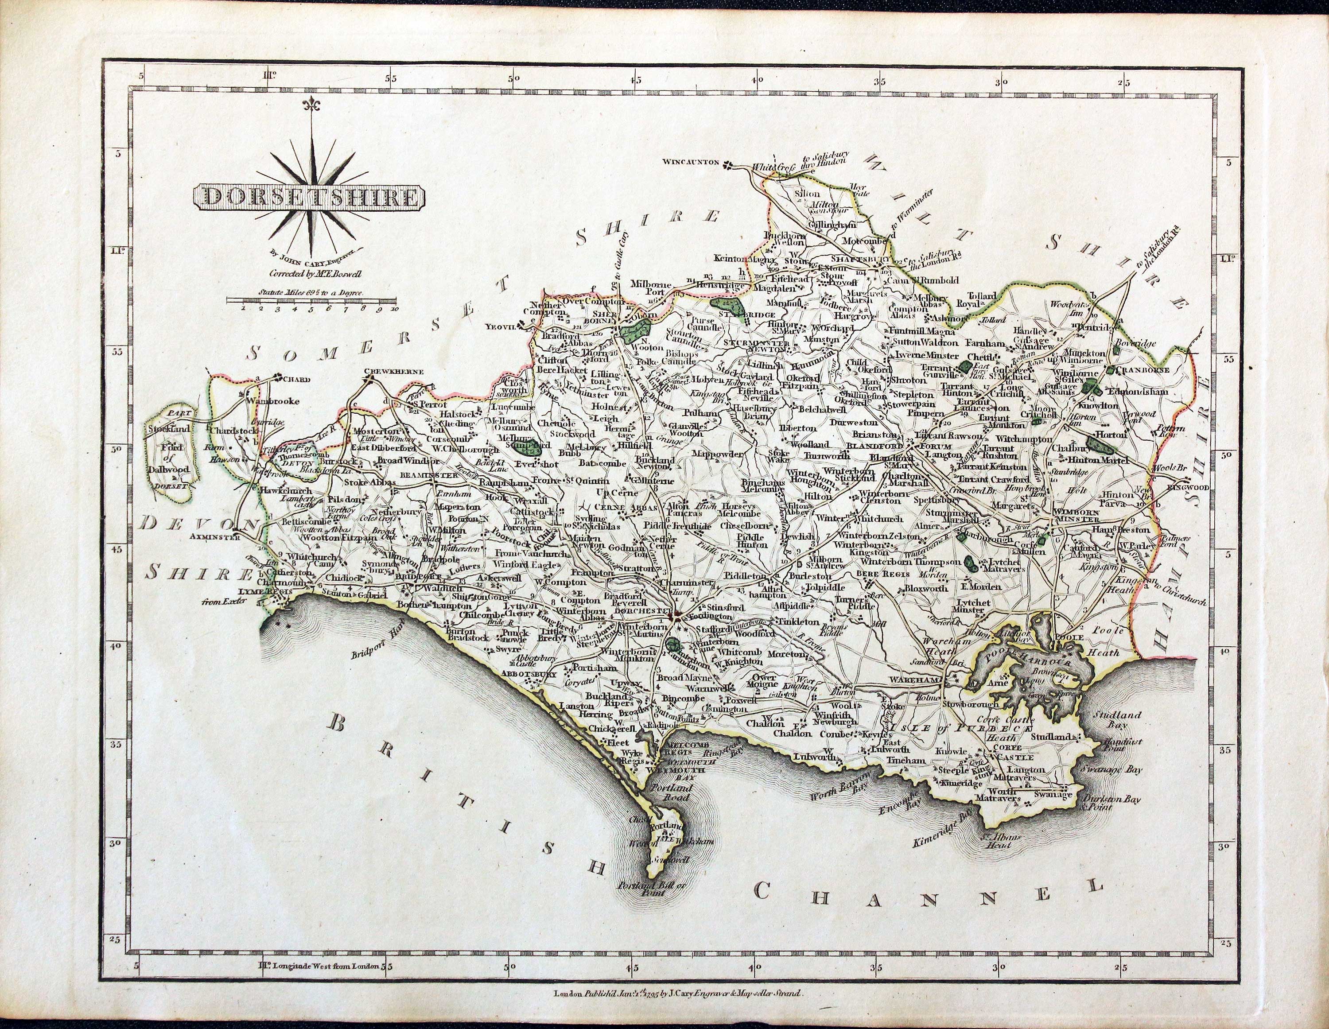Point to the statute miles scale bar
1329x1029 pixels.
coord(311,300)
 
